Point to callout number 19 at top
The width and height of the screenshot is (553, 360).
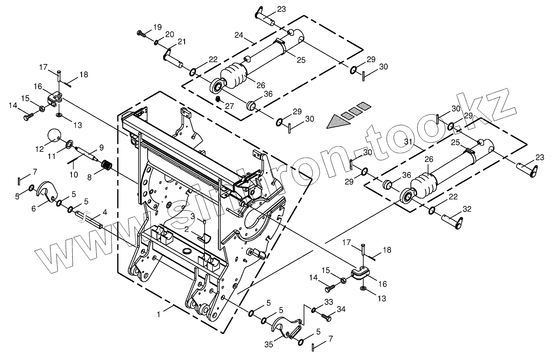(157, 27)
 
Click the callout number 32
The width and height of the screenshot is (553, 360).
(467, 209)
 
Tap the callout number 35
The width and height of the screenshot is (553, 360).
(268, 344)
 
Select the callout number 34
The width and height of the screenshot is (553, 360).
(341, 310)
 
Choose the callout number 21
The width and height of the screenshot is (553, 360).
(182, 41)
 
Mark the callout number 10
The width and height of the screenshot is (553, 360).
(74, 174)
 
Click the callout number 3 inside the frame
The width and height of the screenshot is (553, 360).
(192, 216)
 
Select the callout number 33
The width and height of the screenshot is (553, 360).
(328, 302)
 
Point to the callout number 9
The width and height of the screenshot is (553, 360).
(101, 147)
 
